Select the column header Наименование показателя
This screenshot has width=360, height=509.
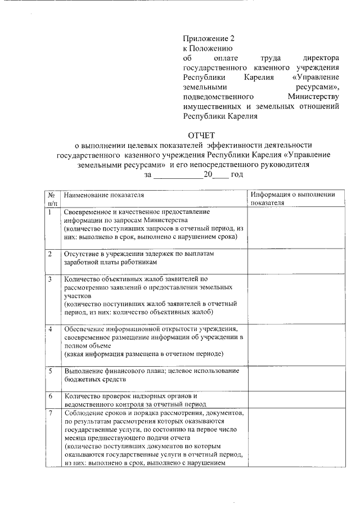[x=104, y=195]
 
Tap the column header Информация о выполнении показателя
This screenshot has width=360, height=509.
[x=293, y=199]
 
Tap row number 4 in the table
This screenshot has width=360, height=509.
[x=51, y=328]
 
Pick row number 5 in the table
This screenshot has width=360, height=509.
[x=51, y=371]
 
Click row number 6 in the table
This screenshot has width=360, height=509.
[x=51, y=397]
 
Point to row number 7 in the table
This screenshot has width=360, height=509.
[x=51, y=413]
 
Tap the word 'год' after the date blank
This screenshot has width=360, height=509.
[x=237, y=175]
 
